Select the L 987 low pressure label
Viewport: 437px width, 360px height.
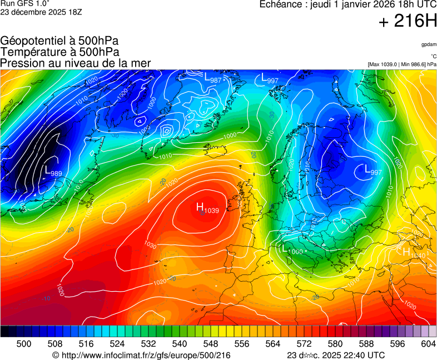(x=213, y=78)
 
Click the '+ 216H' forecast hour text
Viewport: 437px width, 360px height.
(x=408, y=22)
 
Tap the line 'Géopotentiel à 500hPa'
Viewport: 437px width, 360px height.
(x=59, y=41)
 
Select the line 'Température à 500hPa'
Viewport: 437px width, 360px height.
(x=59, y=52)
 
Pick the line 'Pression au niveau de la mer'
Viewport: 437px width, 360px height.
(x=76, y=63)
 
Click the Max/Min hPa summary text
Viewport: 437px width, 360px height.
(x=402, y=64)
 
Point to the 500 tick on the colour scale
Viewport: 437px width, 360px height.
(x=24, y=344)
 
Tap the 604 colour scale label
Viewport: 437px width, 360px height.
(x=428, y=344)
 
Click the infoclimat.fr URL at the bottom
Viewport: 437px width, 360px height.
(x=141, y=355)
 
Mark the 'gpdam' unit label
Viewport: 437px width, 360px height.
(x=429, y=44)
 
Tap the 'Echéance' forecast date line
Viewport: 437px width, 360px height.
(x=348, y=4)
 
